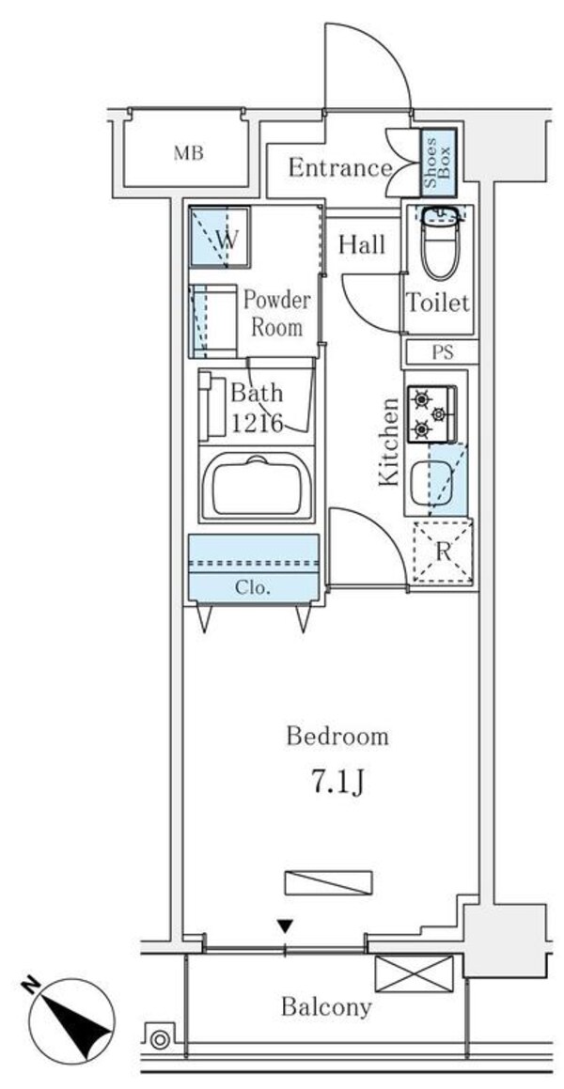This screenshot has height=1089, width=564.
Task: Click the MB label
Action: [x=188, y=153]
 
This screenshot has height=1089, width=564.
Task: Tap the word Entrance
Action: [x=340, y=168]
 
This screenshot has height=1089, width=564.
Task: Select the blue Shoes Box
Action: [x=439, y=162]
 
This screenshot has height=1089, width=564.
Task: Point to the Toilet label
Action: [x=438, y=303]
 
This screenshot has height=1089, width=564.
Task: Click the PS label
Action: [x=443, y=352]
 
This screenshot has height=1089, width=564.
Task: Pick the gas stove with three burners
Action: [x=431, y=414]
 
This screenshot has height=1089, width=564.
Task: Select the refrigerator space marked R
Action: [x=443, y=552]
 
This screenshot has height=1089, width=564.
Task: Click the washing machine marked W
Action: [x=219, y=237]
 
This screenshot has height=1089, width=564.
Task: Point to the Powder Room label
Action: [x=276, y=314]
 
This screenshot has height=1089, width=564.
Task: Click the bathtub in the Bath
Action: [x=257, y=486]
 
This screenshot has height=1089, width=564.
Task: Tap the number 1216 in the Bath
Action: [x=257, y=422]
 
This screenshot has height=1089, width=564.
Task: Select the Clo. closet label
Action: [x=252, y=588]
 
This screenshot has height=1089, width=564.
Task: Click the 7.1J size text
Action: [x=337, y=784]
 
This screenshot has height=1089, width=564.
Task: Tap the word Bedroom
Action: [x=337, y=737]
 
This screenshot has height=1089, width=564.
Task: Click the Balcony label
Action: [x=326, y=1007]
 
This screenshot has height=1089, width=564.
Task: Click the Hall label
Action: [x=362, y=244]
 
